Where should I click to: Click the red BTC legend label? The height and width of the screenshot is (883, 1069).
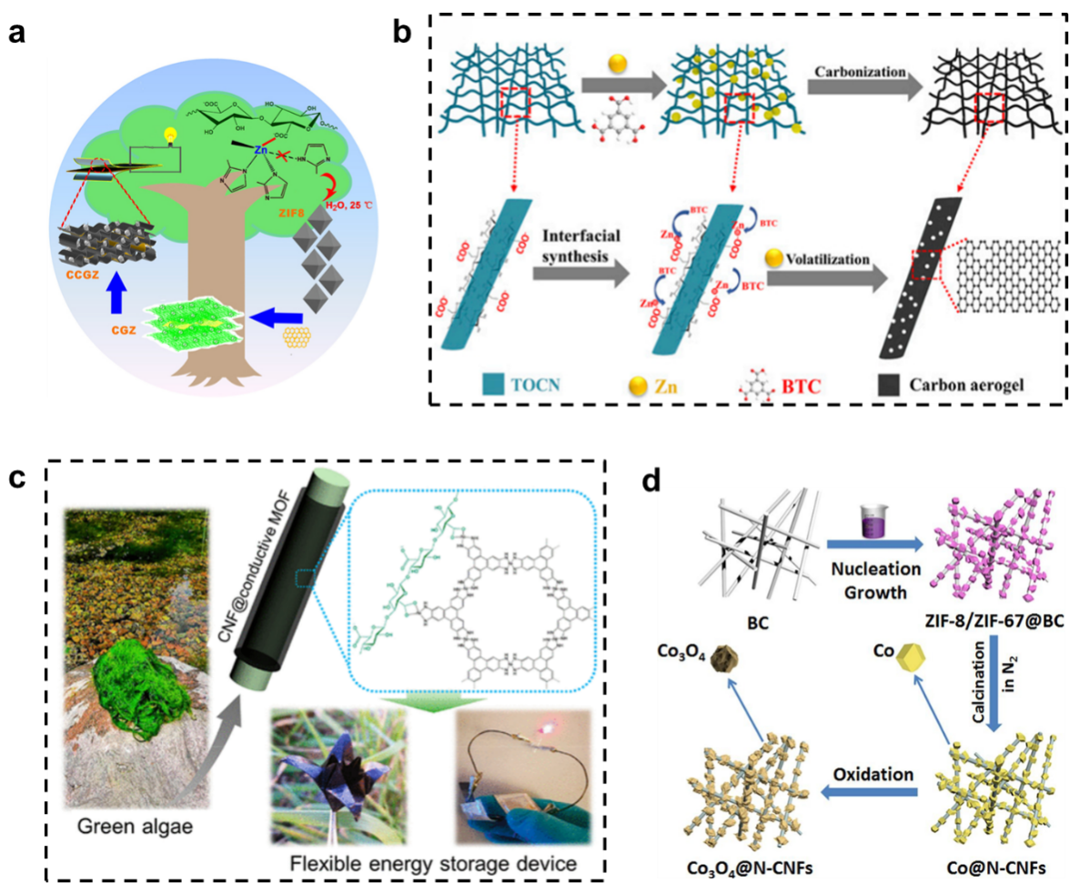(801, 385)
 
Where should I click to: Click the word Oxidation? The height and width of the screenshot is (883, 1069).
(872, 775)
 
